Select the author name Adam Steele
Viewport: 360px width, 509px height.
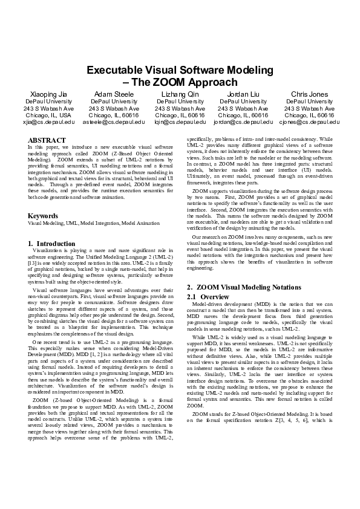(113, 94)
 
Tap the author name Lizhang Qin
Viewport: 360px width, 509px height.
(180, 94)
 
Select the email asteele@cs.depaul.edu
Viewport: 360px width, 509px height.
(113, 122)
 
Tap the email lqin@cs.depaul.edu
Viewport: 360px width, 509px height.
(180, 122)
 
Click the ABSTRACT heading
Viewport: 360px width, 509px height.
(47, 140)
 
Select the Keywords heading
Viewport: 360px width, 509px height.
(44, 216)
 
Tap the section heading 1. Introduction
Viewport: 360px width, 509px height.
(52, 244)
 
